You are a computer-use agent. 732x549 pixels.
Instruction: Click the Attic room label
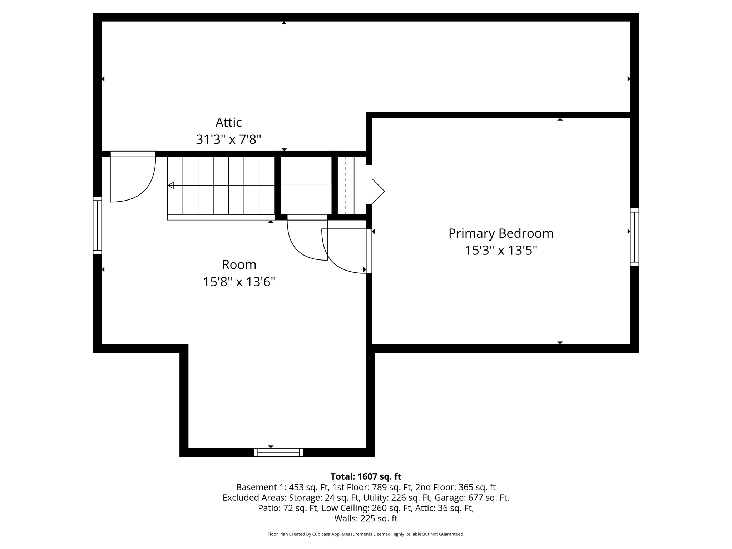tap(228, 123)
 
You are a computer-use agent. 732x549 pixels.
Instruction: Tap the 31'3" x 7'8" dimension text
tap(228, 139)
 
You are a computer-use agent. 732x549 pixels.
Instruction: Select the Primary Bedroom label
tap(501, 233)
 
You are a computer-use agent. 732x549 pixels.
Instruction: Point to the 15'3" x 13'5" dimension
tap(501, 251)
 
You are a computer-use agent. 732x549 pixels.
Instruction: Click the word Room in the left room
tap(239, 265)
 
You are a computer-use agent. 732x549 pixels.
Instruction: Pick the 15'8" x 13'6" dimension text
tap(239, 282)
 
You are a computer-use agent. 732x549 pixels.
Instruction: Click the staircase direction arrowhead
tap(171, 185)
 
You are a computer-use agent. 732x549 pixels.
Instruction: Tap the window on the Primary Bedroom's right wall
tap(634, 237)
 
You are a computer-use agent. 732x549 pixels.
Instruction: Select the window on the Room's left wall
tap(97, 225)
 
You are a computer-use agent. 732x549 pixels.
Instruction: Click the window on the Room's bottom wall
tap(278, 452)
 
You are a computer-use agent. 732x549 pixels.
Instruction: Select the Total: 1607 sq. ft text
tap(366, 476)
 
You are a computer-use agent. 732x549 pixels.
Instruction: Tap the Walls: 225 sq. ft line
tap(366, 518)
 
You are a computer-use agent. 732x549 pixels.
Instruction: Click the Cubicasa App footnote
tap(366, 534)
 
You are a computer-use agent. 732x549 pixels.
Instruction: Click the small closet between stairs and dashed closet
tap(306, 185)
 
